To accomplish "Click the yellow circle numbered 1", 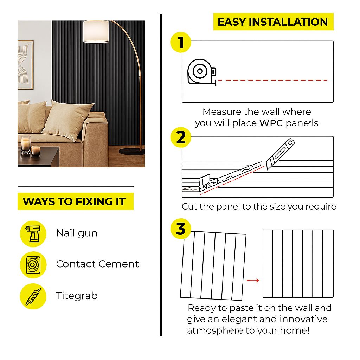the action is [x=181, y=42].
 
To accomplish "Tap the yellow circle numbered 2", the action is [x=181, y=137].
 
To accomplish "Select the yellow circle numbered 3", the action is [x=181, y=229].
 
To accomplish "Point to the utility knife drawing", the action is [x=280, y=154].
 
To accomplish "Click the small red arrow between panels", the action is [x=253, y=280].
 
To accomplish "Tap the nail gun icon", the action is [x=33, y=234].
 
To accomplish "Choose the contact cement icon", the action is [x=33, y=265].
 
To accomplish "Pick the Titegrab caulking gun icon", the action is [x=33, y=296].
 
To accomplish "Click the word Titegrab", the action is [x=77, y=296].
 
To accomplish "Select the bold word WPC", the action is [x=271, y=123].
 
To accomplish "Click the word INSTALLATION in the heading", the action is [x=288, y=22].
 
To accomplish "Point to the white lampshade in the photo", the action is [x=96, y=32].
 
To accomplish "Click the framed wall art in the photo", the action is [x=25, y=65].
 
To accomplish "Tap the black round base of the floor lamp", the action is [x=131, y=151].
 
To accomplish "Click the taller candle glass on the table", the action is [x=26, y=144].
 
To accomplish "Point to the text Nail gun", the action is [x=77, y=233].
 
